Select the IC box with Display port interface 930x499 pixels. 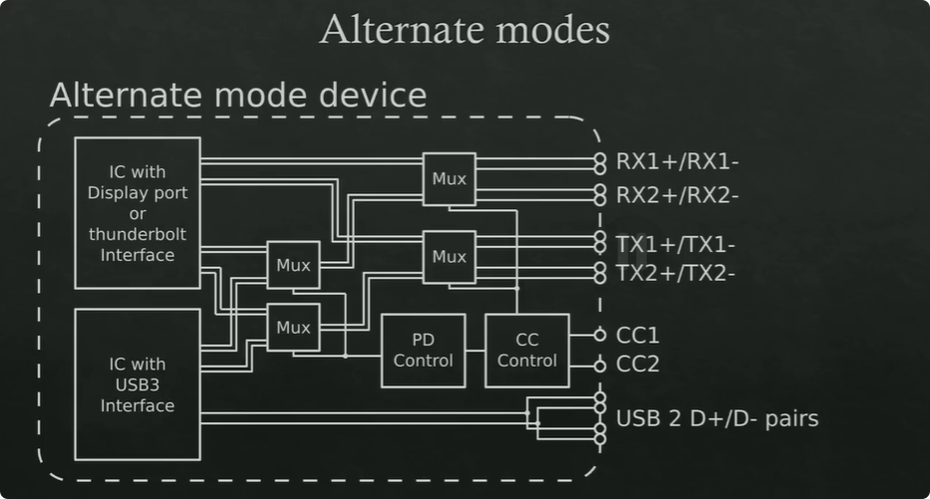[x=138, y=213]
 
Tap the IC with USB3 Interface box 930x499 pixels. [x=138, y=384]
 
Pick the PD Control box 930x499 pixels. [x=423, y=351]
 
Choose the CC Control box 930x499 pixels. [x=527, y=351]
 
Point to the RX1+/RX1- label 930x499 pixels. [x=677, y=161]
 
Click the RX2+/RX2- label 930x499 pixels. [x=677, y=194]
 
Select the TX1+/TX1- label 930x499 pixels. [x=676, y=243]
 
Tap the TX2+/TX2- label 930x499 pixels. [x=676, y=272]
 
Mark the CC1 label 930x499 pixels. [x=638, y=336]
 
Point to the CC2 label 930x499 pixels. [x=638, y=365]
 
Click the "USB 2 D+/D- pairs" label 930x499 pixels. [x=718, y=417]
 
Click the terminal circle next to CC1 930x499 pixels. [x=599, y=336]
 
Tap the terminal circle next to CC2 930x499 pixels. [x=599, y=366]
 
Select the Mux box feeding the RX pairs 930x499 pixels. [x=449, y=179]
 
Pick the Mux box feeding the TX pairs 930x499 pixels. [x=449, y=257]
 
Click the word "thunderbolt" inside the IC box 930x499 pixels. [x=138, y=235]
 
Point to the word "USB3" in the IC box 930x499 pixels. [x=138, y=384]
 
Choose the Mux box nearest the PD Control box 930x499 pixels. [x=293, y=327]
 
